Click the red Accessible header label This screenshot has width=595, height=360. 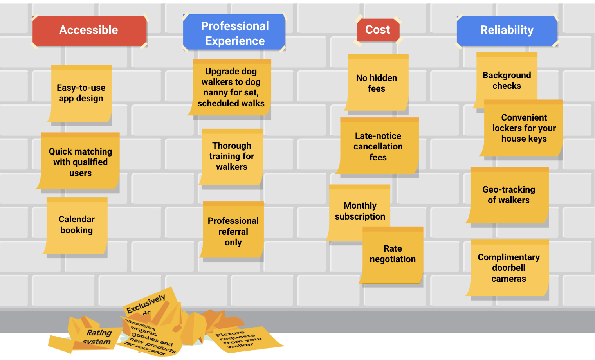pyautogui.click(x=89, y=31)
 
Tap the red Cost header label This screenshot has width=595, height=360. pyautogui.click(x=378, y=30)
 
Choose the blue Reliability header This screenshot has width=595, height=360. pyautogui.click(x=507, y=30)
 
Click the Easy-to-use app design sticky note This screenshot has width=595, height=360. pyautogui.click(x=81, y=94)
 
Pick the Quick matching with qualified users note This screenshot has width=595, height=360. pyautogui.click(x=80, y=162)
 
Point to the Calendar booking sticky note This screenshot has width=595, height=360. pyautogui.click(x=77, y=225)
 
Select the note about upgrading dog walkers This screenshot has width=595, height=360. pyautogui.click(x=231, y=88)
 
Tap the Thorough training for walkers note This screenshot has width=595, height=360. pyautogui.click(x=232, y=157)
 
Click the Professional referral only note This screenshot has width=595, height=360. pyautogui.click(x=233, y=231)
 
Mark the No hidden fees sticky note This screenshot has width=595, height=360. pyautogui.click(x=377, y=83)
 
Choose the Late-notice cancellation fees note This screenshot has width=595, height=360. pyautogui.click(x=378, y=146)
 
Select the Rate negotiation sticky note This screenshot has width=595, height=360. pyautogui.click(x=393, y=254)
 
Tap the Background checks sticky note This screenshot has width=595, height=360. pyautogui.click(x=507, y=78)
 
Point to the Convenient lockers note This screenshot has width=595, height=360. pyautogui.click(x=524, y=128)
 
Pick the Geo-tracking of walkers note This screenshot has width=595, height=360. pyautogui.click(x=508, y=195)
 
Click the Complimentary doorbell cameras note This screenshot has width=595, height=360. pyautogui.click(x=508, y=268)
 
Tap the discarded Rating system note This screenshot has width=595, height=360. pyautogui.click(x=96, y=337)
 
